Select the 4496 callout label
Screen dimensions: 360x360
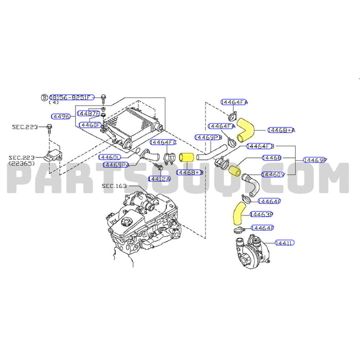(61, 117)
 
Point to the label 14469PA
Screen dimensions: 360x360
(116, 165)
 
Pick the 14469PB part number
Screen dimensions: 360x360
(208, 137)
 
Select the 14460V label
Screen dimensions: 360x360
(273, 175)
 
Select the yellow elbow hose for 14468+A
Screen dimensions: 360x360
(245, 129)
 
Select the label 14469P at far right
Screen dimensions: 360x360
(315, 160)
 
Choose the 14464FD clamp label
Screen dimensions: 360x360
(164, 141)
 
